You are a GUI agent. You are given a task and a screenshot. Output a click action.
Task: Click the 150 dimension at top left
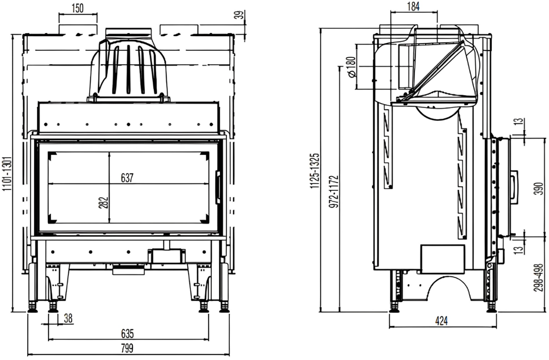point(78,8)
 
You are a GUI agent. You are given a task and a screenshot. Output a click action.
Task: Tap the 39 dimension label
point(241,15)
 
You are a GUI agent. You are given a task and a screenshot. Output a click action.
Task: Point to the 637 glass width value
point(127,178)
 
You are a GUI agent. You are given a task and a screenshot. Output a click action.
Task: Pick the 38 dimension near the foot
point(68,318)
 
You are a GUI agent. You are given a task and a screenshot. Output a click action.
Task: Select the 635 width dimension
point(127,334)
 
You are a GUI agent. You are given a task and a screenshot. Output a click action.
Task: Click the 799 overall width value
point(127,348)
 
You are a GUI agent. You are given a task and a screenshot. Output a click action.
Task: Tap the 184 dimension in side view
point(413,6)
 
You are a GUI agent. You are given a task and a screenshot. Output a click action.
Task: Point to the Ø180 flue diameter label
point(351,67)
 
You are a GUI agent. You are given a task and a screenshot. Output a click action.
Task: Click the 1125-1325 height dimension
point(316,171)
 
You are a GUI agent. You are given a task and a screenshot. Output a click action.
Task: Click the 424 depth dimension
point(442,321)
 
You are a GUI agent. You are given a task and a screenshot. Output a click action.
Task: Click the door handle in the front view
point(218,187)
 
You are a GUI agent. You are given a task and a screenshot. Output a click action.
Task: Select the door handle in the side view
point(514,187)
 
